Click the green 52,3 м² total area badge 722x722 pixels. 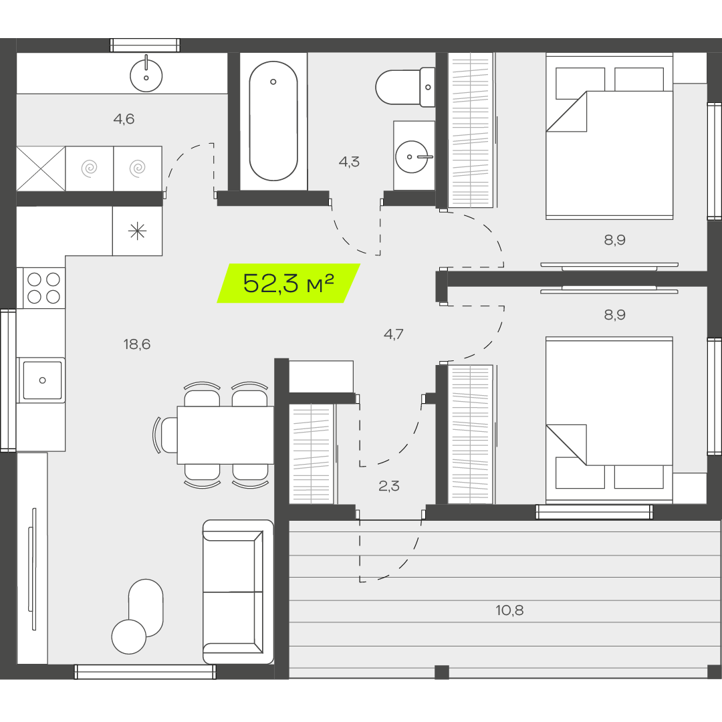pyautogui.click(x=289, y=283)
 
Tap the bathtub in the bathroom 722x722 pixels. pyautogui.click(x=273, y=121)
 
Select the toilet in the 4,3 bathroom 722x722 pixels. pyautogui.click(x=405, y=87)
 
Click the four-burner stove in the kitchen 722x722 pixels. pyautogui.click(x=43, y=287)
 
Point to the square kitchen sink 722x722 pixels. pyautogui.click(x=42, y=380)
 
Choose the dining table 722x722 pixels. pyautogui.click(x=226, y=435)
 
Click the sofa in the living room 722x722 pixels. pyautogui.click(x=238, y=592)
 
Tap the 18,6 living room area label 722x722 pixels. pyautogui.click(x=137, y=344)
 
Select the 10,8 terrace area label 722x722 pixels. pyautogui.click(x=509, y=610)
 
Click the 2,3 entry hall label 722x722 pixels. pyautogui.click(x=388, y=486)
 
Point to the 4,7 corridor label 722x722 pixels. pyautogui.click(x=393, y=334)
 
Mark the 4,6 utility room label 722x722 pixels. pyautogui.click(x=124, y=119)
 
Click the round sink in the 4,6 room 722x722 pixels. pyautogui.click(x=146, y=76)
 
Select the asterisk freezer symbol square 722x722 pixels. pyautogui.click(x=137, y=231)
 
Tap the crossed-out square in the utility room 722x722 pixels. pyautogui.click(x=41, y=168)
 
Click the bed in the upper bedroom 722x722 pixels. pyautogui.click(x=609, y=136)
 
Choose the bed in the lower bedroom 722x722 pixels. pyautogui.click(x=609, y=420)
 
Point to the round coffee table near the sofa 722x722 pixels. pyautogui.click(x=129, y=637)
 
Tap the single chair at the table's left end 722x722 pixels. pyautogui.click(x=166, y=435)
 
